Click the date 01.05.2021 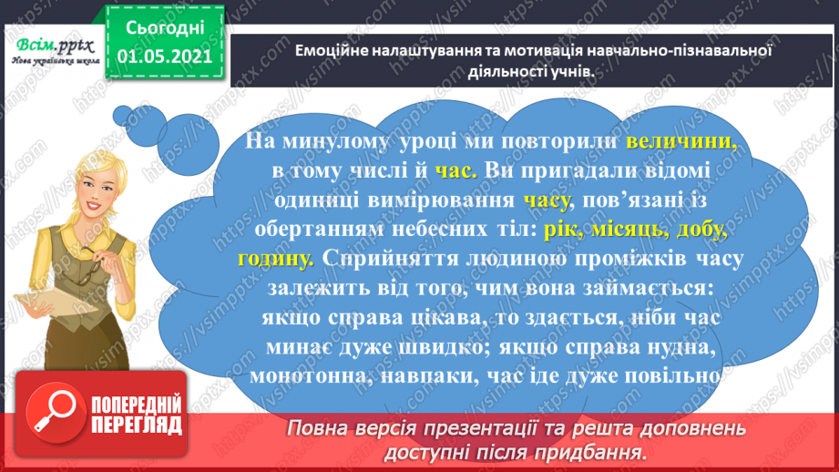[x=160, y=56]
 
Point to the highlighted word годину [x=275, y=258]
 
